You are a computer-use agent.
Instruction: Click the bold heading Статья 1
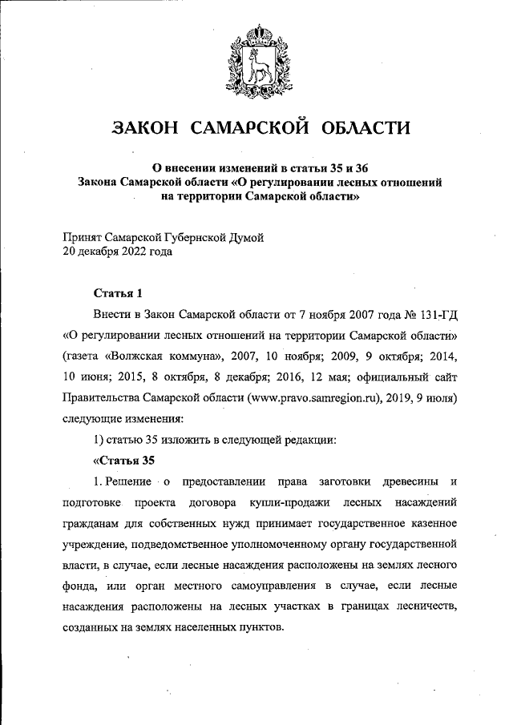tap(119, 292)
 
